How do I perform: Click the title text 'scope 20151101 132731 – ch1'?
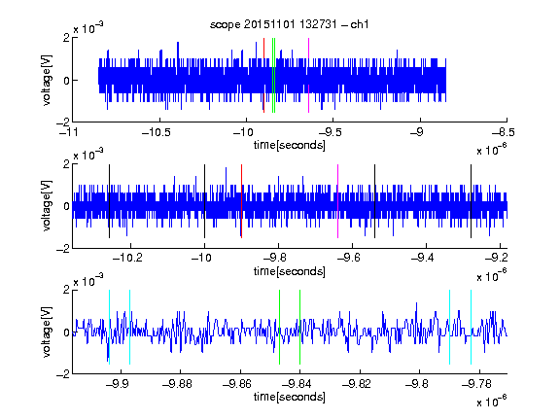(290, 24)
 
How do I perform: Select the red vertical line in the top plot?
(263, 76)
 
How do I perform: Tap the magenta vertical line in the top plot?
(308, 76)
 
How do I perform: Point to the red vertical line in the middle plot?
(242, 201)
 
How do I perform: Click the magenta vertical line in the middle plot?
(338, 201)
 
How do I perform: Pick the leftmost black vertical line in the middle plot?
(109, 201)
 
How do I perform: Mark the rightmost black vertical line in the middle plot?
(472, 201)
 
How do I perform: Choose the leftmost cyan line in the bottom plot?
(109, 327)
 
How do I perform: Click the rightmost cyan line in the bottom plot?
(472, 327)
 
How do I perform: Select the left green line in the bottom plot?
(279, 327)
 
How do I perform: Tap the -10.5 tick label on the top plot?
(157, 133)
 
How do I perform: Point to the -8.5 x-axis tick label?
(504, 133)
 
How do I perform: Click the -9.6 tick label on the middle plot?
(349, 258)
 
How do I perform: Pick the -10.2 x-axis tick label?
(127, 258)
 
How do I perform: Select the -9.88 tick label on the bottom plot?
(177, 384)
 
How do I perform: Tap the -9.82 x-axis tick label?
(357, 384)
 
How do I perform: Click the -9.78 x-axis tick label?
(476, 384)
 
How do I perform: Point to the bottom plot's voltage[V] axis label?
(47, 332)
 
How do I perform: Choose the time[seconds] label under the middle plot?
(290, 272)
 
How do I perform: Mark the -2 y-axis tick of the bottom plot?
(63, 374)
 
